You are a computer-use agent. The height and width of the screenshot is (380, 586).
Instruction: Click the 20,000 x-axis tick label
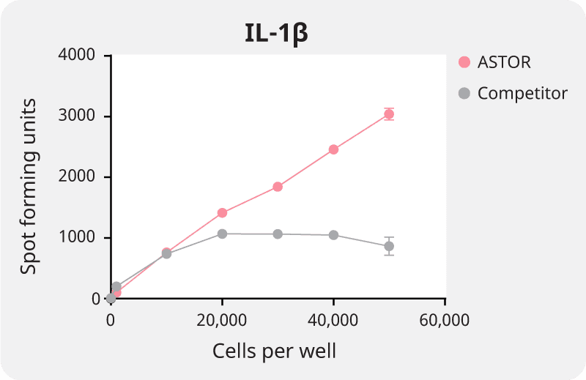pyautogui.click(x=222, y=320)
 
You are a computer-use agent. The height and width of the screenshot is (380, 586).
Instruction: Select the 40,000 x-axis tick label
pyautogui.click(x=333, y=320)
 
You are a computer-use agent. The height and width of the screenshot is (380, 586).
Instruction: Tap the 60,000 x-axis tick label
pyautogui.click(x=445, y=320)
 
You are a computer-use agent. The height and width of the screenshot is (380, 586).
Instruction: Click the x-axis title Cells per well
pyautogui.click(x=275, y=351)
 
